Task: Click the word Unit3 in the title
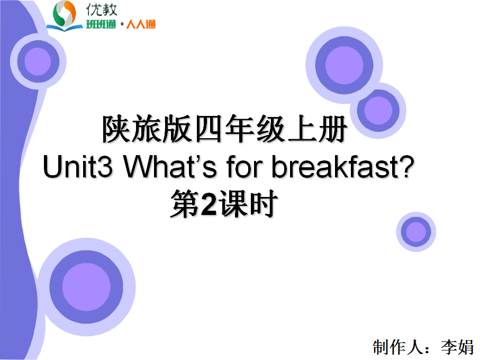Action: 78,167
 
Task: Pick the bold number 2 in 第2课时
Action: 209,204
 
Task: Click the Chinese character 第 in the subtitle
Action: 186,204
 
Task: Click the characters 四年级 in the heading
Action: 240,129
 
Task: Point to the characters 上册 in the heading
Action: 317,129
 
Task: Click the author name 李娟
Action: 457,347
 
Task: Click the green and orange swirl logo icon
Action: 64,14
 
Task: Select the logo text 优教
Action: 102,10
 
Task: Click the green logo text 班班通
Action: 101,24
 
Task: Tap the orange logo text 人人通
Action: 141,24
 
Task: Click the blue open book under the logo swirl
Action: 64,28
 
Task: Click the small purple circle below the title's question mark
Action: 416,232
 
